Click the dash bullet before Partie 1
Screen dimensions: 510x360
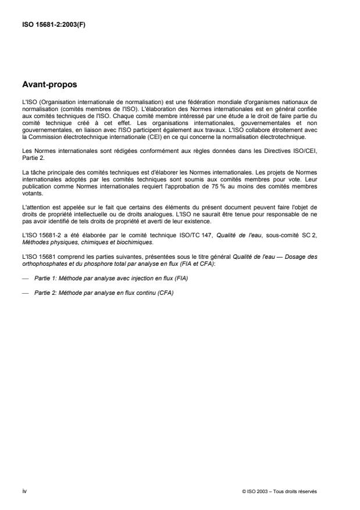tap(25, 279)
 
